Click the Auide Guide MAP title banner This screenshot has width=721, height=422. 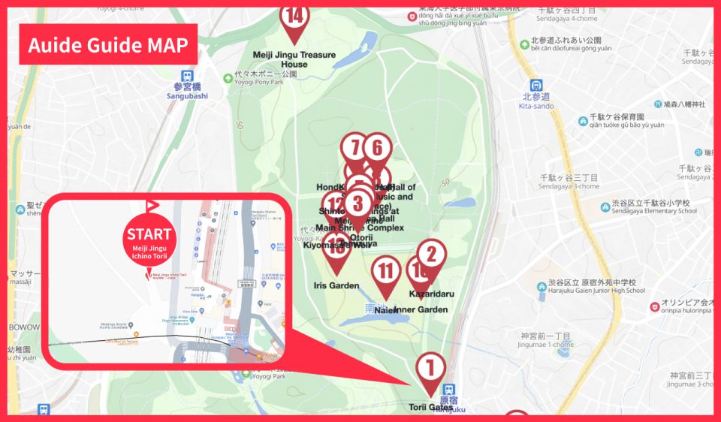click(107, 44)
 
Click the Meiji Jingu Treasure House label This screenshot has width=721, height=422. click(294, 59)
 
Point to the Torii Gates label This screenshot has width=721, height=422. click(430, 407)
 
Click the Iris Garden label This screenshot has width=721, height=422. click(336, 285)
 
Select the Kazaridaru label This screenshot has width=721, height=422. click(432, 294)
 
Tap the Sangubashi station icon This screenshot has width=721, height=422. click(186, 76)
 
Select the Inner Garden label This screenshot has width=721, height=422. click(421, 309)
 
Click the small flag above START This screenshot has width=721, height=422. click(152, 205)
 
